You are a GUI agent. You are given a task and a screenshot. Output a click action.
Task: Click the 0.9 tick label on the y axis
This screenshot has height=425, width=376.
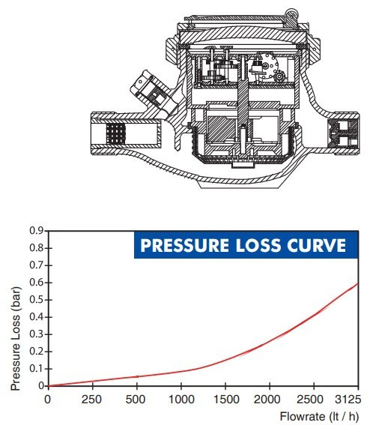(36, 231)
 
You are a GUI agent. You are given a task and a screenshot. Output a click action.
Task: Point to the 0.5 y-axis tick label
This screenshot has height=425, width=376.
(36, 300)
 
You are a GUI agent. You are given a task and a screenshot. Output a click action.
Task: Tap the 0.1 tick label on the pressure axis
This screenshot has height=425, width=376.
(36, 369)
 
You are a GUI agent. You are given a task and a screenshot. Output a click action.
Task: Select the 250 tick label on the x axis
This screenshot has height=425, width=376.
(91, 400)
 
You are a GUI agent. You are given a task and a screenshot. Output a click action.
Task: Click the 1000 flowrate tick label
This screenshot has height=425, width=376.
(181, 400)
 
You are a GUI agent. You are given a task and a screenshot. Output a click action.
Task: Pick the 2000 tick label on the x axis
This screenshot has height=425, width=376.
(267, 400)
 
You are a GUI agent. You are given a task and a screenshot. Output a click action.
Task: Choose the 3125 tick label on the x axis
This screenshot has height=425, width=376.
(348, 400)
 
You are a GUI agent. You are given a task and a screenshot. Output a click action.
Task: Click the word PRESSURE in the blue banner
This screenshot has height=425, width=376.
(185, 245)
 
